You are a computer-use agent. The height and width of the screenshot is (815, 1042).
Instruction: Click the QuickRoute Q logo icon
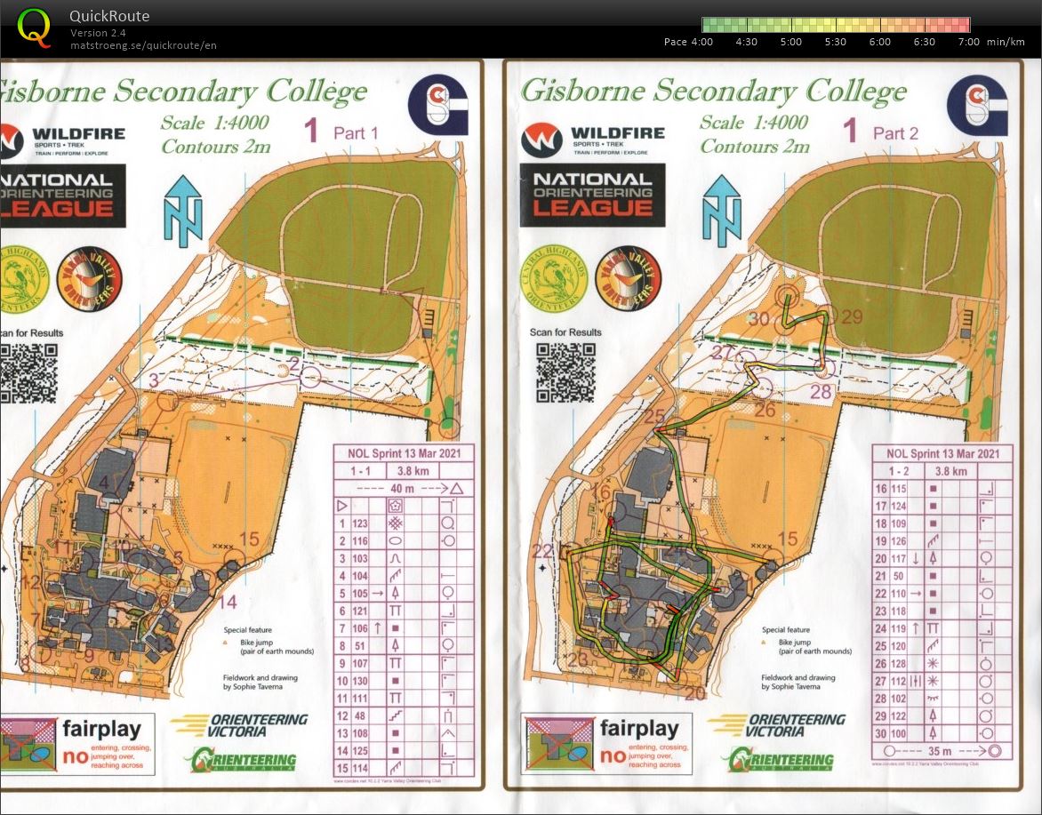tap(34, 28)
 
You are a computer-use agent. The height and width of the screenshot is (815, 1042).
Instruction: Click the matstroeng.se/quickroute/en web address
tap(144, 45)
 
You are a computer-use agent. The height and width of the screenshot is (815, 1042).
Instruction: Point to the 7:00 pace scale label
tap(969, 42)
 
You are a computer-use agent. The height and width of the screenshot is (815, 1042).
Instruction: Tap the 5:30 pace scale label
tap(835, 42)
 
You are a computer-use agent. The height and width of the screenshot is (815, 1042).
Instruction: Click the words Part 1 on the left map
tap(356, 133)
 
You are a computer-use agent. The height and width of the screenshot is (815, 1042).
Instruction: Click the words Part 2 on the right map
tap(895, 133)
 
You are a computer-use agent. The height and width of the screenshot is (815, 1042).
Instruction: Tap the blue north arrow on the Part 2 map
tap(721, 210)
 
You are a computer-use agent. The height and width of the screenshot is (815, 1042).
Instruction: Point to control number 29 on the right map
tap(852, 317)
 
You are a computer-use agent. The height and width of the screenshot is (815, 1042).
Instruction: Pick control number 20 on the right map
tap(694, 693)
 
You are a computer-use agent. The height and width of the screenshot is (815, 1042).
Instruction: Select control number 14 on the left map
tap(228, 602)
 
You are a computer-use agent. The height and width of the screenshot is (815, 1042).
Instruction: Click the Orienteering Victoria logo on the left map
tap(240, 726)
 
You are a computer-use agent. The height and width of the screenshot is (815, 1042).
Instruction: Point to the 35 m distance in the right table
tap(942, 750)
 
